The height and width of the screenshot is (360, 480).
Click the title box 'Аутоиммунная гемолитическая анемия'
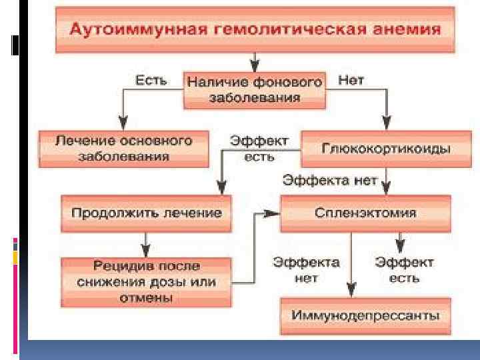[253, 30]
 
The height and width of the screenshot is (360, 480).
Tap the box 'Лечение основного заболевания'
[123, 149]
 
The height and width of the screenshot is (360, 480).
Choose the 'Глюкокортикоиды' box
[377, 148]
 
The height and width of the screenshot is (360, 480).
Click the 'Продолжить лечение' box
[147, 213]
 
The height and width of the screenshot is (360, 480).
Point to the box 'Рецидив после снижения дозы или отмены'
[147, 281]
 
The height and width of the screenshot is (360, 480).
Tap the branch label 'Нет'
[351, 81]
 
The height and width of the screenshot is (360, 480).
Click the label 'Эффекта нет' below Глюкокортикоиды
[330, 179]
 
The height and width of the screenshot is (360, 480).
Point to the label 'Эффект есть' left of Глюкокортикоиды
[259, 147]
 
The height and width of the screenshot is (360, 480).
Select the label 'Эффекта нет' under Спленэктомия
[306, 269]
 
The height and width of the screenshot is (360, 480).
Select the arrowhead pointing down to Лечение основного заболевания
[122, 123]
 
